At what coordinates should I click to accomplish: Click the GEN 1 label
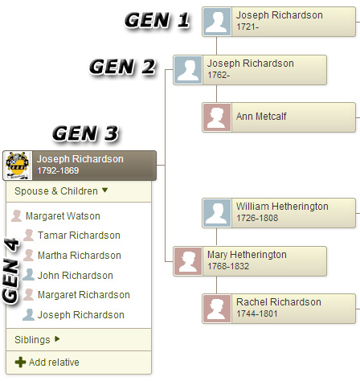[x=157, y=20]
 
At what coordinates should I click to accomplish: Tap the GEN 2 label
[x=122, y=67]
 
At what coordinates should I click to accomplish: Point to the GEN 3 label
[x=85, y=133]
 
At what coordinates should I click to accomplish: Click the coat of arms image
[x=18, y=166]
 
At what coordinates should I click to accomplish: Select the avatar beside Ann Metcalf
[x=217, y=117]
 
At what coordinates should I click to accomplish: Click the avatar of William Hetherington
[x=217, y=213]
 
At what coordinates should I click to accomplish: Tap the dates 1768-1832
[x=228, y=266]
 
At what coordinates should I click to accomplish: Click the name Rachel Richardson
[x=279, y=302]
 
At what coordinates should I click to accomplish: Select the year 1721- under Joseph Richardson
[x=247, y=27]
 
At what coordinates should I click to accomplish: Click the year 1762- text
[x=219, y=75]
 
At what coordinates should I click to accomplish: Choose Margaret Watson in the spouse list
[x=63, y=216]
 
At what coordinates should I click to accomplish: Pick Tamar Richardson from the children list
[x=79, y=236]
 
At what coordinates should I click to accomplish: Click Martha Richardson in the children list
[x=80, y=256]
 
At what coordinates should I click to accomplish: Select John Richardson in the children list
[x=76, y=276]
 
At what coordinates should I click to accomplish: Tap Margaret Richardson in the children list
[x=84, y=295]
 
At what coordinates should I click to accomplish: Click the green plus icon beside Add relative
[x=20, y=363]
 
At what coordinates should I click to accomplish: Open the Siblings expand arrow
[x=57, y=339]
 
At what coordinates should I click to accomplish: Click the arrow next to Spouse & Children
[x=104, y=190]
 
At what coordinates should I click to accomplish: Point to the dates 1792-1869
[x=58, y=170]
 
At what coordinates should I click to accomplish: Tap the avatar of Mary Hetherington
[x=188, y=261]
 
